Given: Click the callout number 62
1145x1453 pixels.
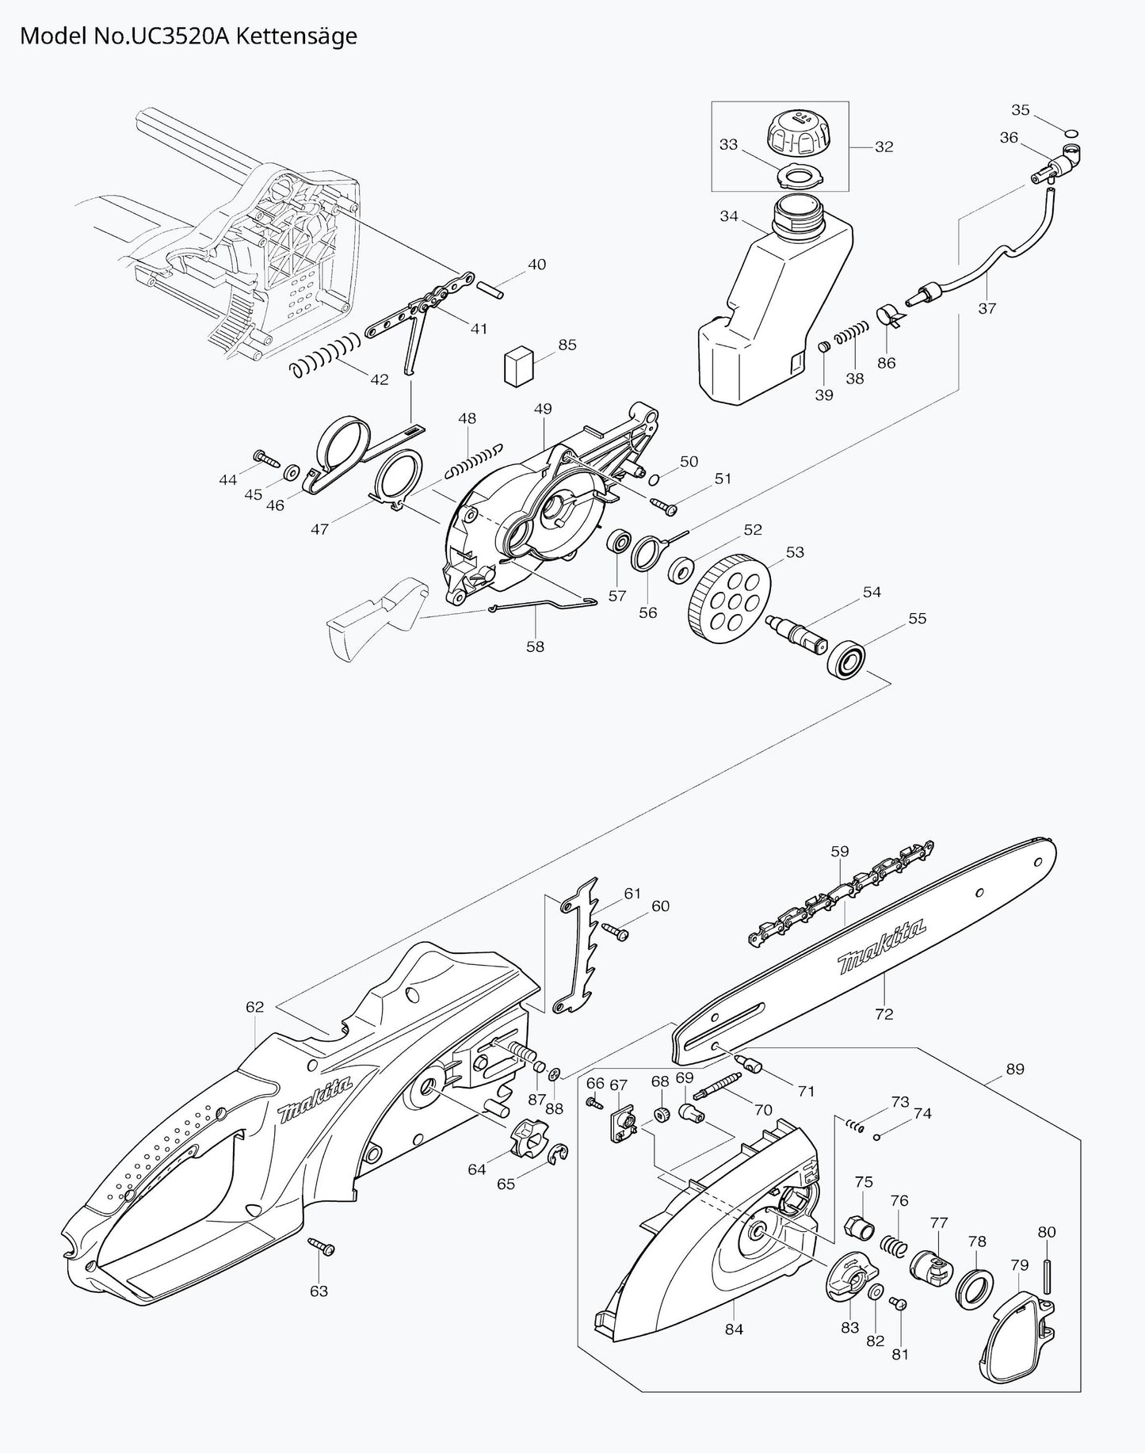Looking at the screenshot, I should [254, 1007].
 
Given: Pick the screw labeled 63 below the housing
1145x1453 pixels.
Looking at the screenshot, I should [323, 1246].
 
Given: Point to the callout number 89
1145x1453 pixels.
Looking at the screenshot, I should [1014, 1069].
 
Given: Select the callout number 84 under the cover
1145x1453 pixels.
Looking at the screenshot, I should [734, 1329].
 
